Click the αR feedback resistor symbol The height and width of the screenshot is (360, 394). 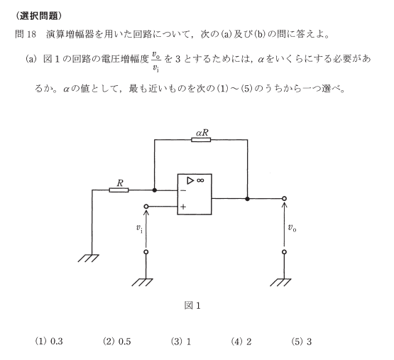point(201,140)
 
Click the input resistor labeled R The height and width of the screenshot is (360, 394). point(119,190)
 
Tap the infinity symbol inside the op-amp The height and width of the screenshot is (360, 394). point(200,180)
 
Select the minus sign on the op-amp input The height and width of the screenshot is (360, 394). point(183,190)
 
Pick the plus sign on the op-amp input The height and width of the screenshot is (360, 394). point(183,207)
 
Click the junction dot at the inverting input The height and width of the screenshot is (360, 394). point(155,190)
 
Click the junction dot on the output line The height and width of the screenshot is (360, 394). point(247,199)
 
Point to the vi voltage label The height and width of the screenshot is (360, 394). point(139,229)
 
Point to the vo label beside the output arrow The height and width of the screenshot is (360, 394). point(292,228)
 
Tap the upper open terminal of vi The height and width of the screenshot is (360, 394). point(146,207)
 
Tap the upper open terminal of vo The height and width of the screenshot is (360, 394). point(284,199)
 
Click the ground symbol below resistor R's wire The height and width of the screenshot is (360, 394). point(89,258)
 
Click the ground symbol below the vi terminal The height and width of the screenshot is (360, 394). point(142,283)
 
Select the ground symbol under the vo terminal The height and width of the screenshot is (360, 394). point(280,283)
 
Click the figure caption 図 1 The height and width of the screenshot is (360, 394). point(192,305)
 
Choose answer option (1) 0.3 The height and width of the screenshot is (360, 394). point(49,342)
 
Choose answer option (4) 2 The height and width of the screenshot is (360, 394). point(241,342)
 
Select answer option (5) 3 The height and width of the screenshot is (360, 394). point(302,342)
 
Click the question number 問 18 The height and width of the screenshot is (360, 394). point(26,34)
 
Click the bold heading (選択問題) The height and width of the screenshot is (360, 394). point(38,16)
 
